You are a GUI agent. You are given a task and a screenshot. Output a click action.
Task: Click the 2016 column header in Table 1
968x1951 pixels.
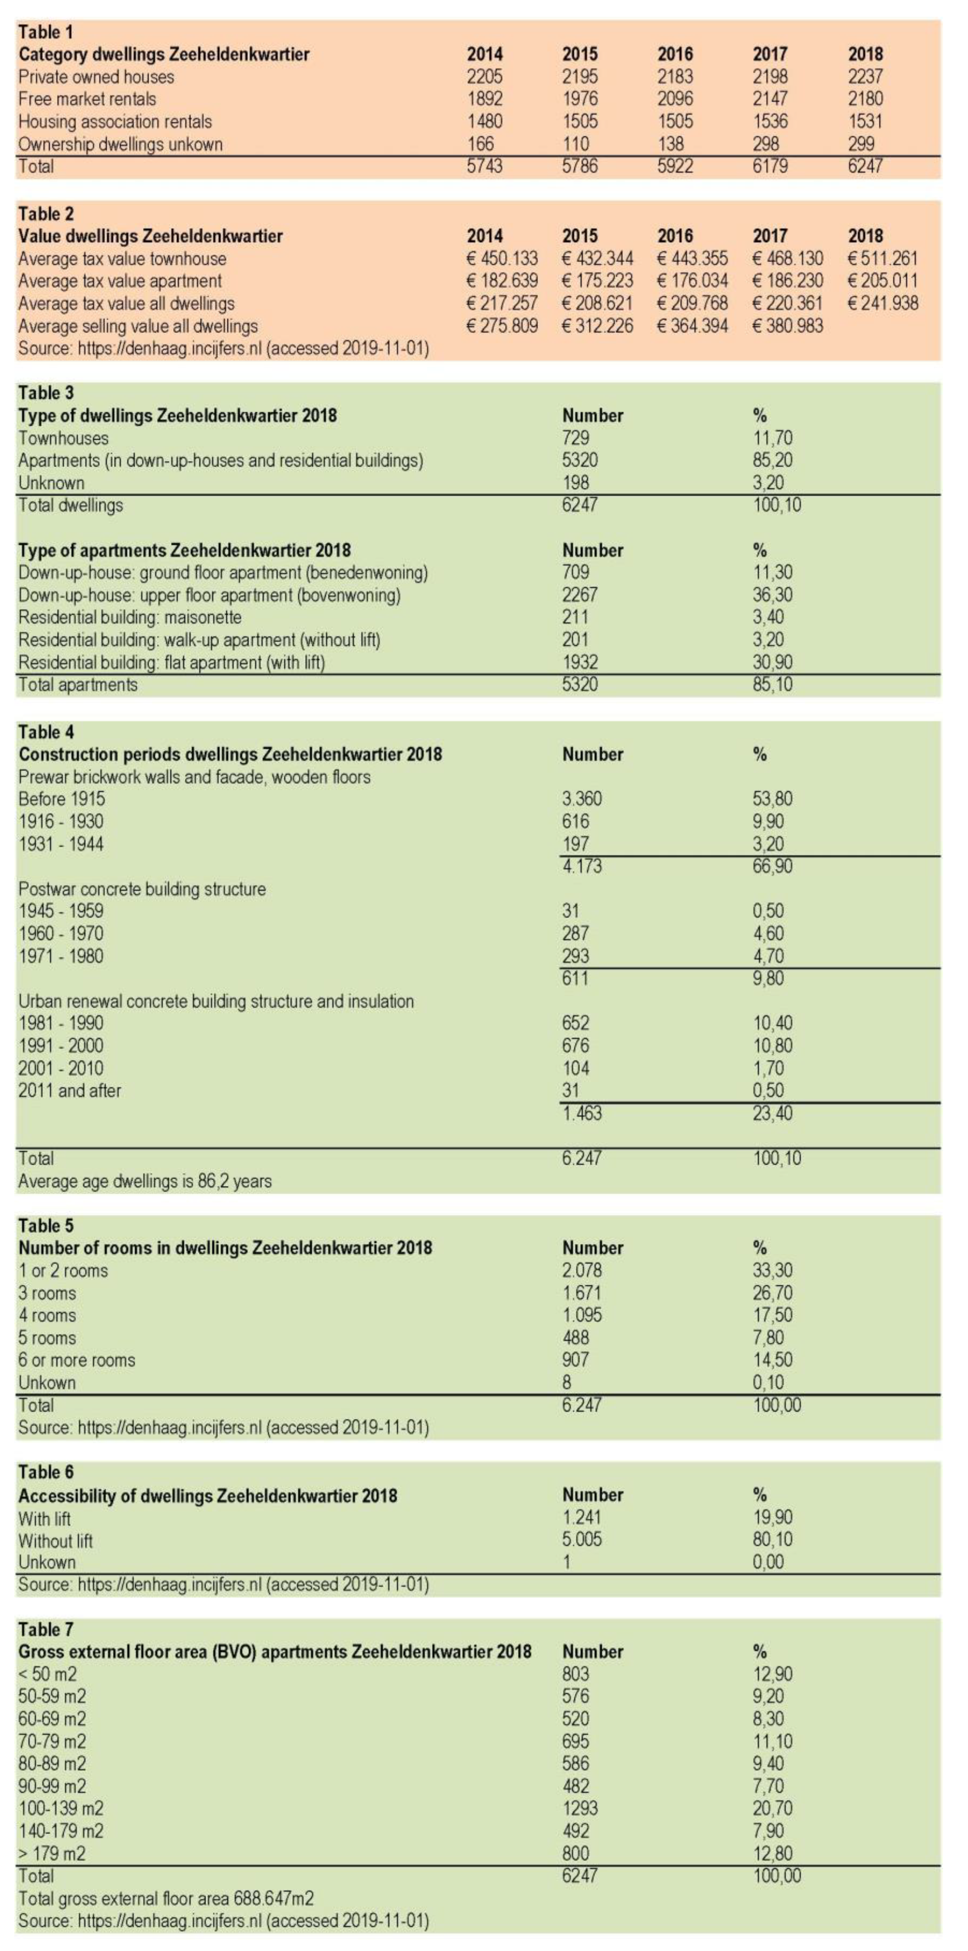coord(674,54)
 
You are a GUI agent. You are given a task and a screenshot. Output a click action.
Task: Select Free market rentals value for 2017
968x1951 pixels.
coord(770,99)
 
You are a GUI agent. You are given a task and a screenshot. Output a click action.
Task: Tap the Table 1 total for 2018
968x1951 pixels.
coord(865,166)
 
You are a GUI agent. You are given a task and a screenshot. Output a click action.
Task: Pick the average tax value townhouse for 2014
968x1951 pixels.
coord(502,259)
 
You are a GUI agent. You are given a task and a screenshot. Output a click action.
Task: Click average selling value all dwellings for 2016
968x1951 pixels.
coord(692,326)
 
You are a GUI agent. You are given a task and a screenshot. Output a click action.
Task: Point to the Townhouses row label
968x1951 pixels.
coord(63,439)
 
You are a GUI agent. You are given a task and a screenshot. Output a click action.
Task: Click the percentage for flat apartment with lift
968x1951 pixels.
coord(772,663)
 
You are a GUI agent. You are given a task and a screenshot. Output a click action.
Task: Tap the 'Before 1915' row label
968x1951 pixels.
coord(62,799)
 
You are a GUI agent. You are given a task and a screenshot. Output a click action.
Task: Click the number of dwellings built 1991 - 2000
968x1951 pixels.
coord(575,1046)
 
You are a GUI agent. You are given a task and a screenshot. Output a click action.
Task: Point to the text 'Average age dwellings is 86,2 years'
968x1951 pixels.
coord(144,1181)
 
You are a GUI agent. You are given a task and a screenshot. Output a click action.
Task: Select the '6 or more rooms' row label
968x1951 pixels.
coord(76,1360)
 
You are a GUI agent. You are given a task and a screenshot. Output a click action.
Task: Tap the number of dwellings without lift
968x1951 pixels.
coord(582,1540)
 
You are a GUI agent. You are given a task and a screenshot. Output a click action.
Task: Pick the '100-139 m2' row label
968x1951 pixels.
coord(61,1809)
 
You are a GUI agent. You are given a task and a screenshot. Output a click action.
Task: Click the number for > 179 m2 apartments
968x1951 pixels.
coord(575,1854)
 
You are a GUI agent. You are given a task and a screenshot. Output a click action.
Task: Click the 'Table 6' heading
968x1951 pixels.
coord(46,1473)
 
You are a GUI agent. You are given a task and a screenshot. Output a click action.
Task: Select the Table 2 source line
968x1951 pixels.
coord(224,349)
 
